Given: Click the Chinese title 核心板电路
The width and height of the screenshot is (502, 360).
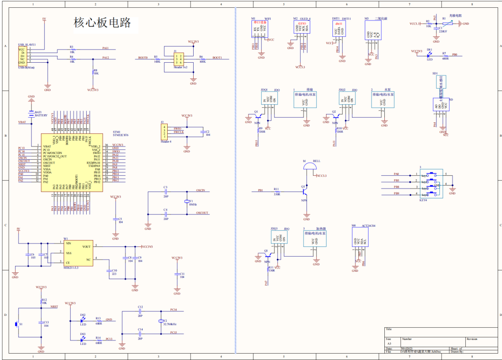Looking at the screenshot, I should click(x=102, y=23).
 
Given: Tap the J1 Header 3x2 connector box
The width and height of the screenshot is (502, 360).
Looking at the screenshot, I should click(x=178, y=59).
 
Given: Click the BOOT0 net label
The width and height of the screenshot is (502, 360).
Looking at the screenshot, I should click(x=143, y=58).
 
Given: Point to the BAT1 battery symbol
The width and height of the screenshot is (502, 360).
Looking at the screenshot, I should click(x=31, y=113).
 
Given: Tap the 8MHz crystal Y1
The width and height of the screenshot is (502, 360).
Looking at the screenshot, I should click(x=186, y=202).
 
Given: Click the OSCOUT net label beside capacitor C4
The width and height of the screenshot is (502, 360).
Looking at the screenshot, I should click(x=202, y=213).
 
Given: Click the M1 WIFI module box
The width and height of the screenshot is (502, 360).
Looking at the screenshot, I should click(x=260, y=29).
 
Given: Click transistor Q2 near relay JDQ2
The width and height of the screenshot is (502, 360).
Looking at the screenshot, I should click(x=335, y=117).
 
